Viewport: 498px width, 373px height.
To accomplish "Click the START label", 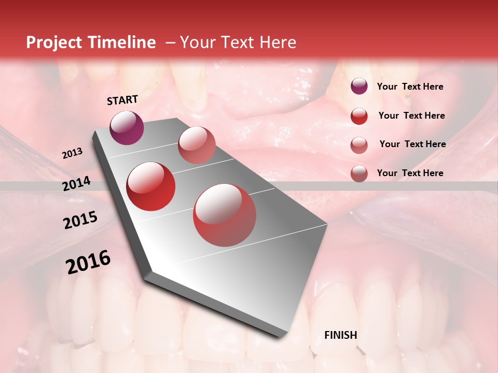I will coord(122,100).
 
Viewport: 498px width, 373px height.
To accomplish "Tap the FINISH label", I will coord(340,335).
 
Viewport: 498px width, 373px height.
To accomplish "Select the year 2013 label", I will coord(72,153).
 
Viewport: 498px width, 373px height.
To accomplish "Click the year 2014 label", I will coord(76,183).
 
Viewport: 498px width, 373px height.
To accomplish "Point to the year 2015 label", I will coord(80,220).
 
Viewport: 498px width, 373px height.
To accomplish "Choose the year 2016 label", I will coord(88,262).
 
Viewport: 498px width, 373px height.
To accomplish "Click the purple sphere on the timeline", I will coord(127,127).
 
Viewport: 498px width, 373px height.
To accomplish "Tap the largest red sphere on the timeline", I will coord(225,215).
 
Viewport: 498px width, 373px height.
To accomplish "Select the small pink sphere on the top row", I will coord(197,145).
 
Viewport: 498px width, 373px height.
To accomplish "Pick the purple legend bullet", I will coord(359,86).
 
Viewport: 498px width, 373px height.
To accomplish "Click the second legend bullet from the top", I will coord(359,116).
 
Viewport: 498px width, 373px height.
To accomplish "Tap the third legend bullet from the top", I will coord(359,145).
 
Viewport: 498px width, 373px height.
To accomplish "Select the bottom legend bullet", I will coord(359,174).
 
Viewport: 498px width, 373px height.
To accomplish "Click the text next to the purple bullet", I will coord(410,87).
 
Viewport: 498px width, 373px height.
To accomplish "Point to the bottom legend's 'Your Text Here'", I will coord(410,173).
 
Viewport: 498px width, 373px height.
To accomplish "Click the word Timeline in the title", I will coord(122,42).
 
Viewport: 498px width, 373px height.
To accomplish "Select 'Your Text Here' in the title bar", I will coord(238,42).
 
